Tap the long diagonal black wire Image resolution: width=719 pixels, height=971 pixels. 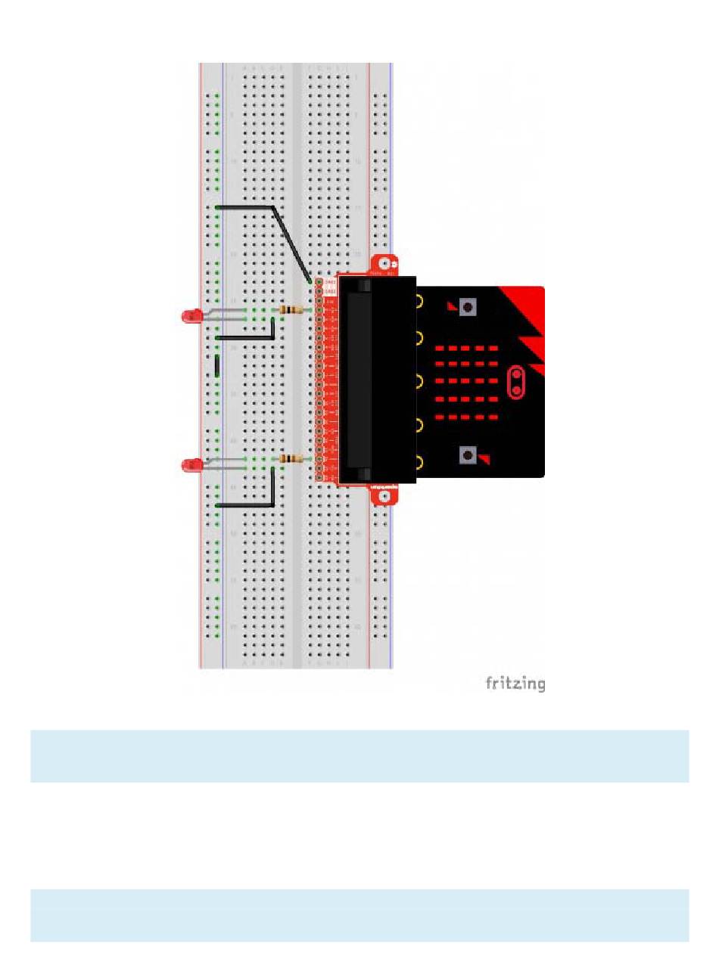[291, 243]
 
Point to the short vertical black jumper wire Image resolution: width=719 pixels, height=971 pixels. [217, 365]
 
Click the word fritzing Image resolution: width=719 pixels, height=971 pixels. [515, 684]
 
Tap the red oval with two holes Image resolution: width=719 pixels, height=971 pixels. [517, 383]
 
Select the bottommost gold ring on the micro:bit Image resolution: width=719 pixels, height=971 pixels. [419, 461]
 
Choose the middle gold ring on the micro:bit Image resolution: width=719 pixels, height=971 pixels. [419, 381]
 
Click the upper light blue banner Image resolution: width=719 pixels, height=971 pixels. [359, 755]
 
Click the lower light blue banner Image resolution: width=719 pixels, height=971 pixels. [359, 915]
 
